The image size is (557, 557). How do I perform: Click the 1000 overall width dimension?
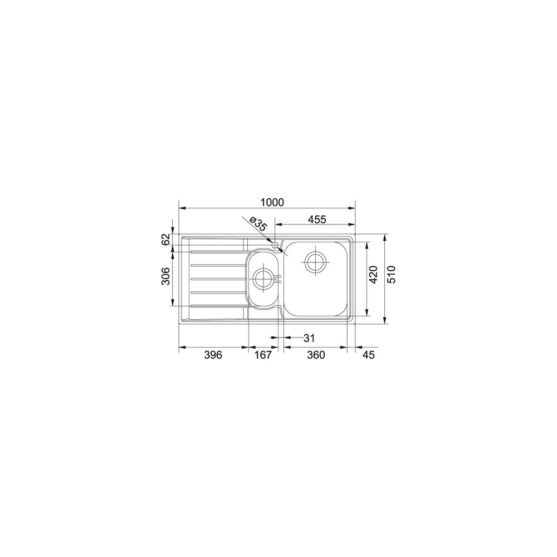coord(272,202)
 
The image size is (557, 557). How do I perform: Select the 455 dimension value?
coord(316,219)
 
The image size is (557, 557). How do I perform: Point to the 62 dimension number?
coord(165,240)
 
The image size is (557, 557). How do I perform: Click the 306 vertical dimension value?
coord(165,276)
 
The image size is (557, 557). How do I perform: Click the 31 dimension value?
coord(310,338)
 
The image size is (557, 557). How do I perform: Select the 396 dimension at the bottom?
coord(213,355)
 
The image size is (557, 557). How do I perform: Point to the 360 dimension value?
coord(315,355)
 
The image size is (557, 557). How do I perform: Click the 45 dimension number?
coord(368,355)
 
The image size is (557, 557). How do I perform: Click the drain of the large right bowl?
coord(316,260)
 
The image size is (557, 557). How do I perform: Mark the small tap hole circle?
coord(274,244)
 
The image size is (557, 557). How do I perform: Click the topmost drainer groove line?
coord(217,251)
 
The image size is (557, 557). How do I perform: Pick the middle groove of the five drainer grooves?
coord(217,278)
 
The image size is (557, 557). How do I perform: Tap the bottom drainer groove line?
coord(217,306)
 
